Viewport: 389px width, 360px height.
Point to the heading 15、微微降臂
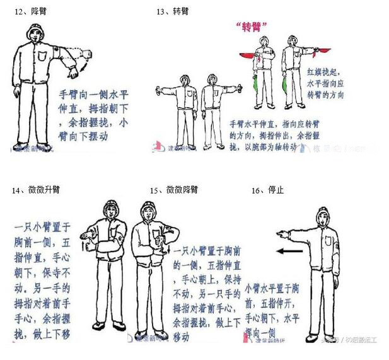click(174, 190)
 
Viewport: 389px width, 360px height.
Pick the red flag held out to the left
click(247, 55)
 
